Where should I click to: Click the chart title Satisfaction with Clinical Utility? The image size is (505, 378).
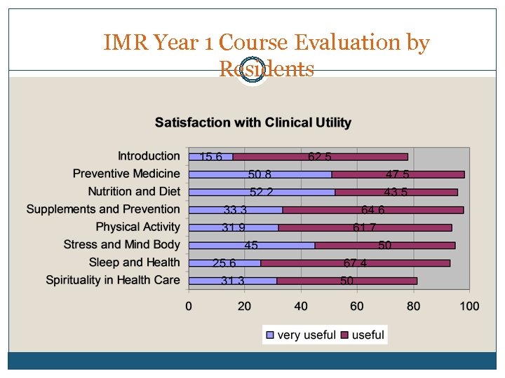click(252, 122)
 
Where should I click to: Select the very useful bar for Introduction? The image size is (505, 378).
click(211, 157)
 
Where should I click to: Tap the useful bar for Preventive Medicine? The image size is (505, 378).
click(398, 174)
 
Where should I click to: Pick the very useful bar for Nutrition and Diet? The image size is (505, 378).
click(262, 192)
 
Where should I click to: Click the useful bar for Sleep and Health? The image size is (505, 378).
click(355, 263)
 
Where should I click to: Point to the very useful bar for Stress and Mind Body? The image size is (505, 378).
click(251, 245)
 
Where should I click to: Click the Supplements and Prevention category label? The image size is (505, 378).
click(103, 209)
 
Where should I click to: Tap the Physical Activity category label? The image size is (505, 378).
click(137, 227)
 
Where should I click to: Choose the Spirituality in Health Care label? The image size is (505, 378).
click(113, 280)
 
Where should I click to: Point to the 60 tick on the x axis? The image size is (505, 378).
click(357, 306)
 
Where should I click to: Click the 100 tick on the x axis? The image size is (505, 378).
click(469, 306)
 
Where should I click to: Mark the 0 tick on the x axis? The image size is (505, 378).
click(189, 306)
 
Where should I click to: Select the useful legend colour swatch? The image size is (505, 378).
click(345, 335)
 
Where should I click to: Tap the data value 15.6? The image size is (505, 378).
click(211, 157)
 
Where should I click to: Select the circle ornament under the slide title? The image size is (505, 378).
click(252, 71)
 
